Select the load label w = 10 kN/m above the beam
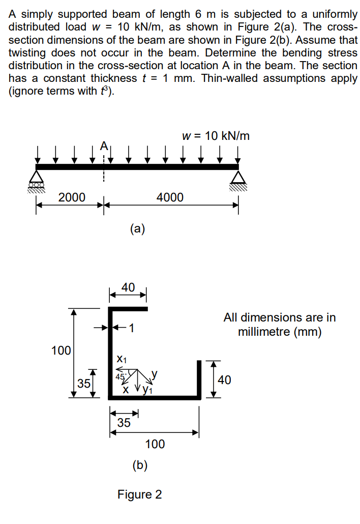click(215, 136)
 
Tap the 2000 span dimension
click(72, 197)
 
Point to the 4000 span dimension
click(170, 197)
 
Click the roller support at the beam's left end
click(36, 179)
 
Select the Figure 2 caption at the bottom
click(139, 494)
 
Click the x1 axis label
click(121, 359)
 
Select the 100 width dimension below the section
click(155, 444)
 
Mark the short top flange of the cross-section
click(128, 308)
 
